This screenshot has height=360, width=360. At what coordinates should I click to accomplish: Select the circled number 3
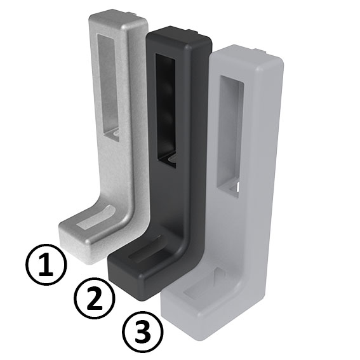(142, 332)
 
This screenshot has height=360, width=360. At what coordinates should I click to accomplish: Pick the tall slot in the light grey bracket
(230, 133)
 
